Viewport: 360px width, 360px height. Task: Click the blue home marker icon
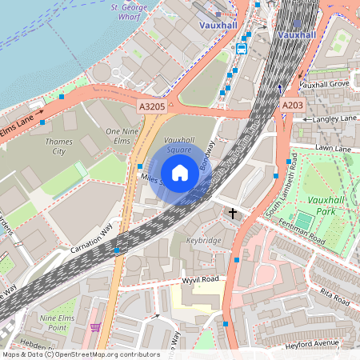(x=180, y=172)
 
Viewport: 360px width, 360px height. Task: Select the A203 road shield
(x=291, y=105)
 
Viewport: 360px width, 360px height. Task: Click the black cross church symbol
(x=234, y=214)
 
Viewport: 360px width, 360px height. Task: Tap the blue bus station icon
(x=242, y=48)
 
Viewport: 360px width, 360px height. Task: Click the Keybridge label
(x=203, y=239)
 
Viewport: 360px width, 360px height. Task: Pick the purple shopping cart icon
(x=96, y=327)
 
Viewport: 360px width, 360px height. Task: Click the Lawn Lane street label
(x=333, y=148)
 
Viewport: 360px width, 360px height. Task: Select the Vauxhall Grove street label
(x=326, y=83)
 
